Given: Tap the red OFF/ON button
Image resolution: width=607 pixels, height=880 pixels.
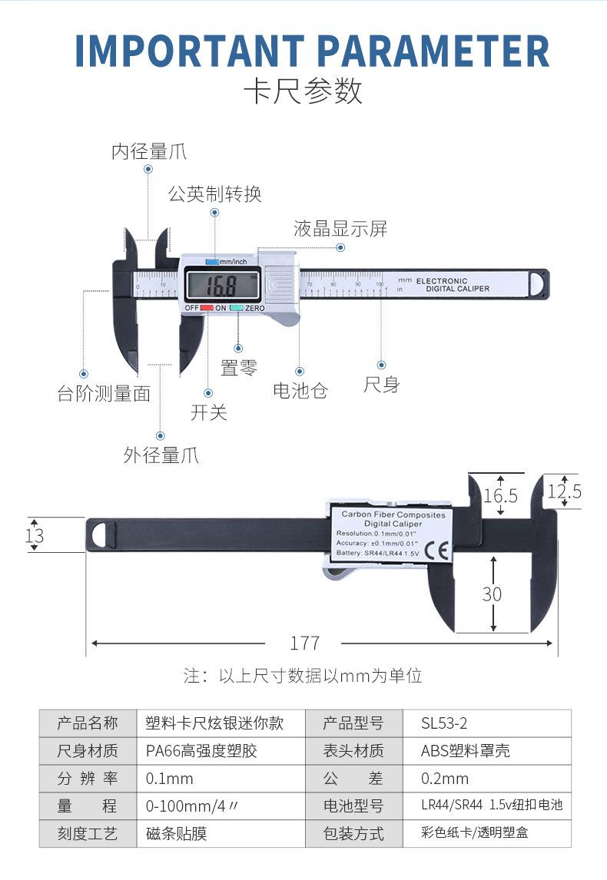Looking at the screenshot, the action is tap(207, 308).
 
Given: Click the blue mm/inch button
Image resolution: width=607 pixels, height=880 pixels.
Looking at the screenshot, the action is tap(212, 262).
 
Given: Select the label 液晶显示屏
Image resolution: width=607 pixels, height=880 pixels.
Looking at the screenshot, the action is tap(340, 229).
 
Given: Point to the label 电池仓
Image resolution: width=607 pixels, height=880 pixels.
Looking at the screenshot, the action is tap(300, 390).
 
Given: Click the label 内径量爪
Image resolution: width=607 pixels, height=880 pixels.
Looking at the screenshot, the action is tap(149, 152).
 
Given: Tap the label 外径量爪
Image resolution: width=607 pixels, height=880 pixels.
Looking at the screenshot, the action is tap(161, 455).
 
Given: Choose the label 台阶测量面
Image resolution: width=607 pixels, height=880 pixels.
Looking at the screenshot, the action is tap(104, 394).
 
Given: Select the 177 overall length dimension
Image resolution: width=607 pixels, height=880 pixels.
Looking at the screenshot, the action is tap(304, 643).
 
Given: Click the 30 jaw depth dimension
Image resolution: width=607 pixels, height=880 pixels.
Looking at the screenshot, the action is tap(493, 593).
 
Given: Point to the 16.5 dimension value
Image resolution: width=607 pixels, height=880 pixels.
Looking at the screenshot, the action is tap(501, 496).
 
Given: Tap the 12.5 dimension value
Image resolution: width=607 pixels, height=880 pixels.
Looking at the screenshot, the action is tap(565, 491).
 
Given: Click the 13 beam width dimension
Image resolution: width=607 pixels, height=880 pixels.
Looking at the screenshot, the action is tap(35, 535).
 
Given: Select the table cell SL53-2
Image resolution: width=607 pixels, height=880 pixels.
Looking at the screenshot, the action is tap(445, 723).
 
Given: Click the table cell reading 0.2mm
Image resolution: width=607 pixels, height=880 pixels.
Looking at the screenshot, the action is tap(445, 779).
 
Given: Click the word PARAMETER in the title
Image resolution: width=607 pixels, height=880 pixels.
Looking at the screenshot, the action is tap(434, 51).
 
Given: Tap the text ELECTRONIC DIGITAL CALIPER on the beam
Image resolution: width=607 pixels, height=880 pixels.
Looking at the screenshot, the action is tap(453, 285).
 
